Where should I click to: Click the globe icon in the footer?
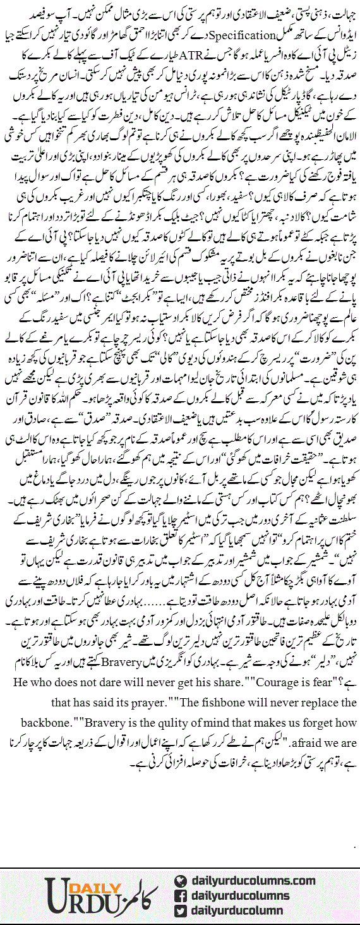coord(180,881)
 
